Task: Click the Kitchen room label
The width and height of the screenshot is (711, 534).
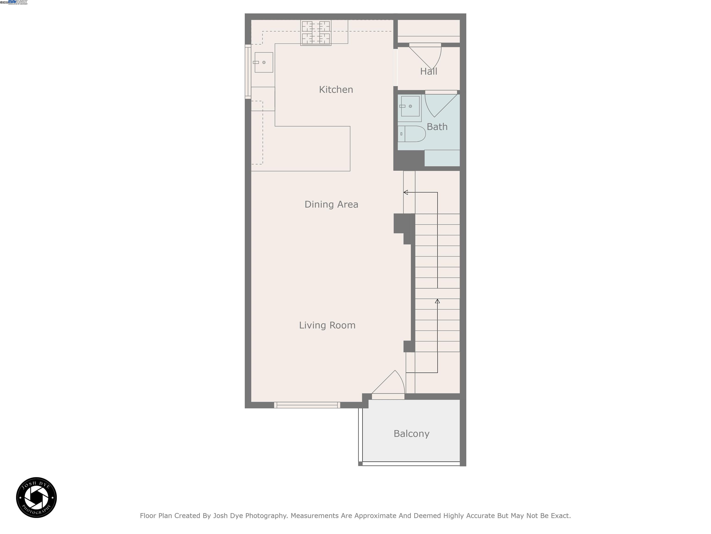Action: (x=336, y=89)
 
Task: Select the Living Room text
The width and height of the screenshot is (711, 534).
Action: (x=327, y=325)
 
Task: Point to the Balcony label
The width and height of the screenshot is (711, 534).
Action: (x=412, y=434)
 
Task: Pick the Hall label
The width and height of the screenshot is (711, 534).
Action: (x=428, y=71)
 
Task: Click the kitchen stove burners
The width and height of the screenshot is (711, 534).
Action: (x=316, y=32)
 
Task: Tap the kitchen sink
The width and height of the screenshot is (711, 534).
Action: (x=264, y=62)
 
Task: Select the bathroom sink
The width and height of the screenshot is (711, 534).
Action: (x=410, y=106)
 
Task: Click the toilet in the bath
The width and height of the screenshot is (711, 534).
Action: (x=412, y=134)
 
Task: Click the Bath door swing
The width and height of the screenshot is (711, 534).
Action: (x=439, y=104)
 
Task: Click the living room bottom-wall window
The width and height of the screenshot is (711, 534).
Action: (x=307, y=405)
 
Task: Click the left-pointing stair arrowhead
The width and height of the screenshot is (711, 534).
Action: (x=406, y=192)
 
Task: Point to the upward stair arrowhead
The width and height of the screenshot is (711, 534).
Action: (x=437, y=301)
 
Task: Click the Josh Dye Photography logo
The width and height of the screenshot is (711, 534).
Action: (x=36, y=497)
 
